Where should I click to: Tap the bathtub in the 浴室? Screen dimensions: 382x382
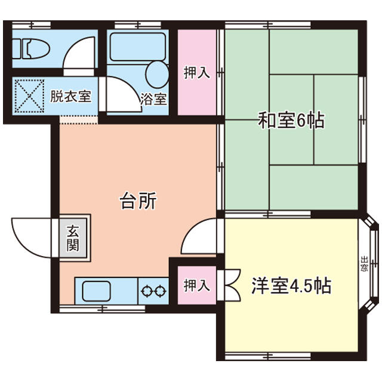tap(138, 47)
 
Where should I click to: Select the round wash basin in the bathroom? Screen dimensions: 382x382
tap(157, 74)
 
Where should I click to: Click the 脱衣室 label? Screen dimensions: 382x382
tap(70, 97)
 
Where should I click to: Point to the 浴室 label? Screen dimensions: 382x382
tap(153, 100)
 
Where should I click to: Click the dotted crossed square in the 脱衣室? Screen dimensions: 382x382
tap(29, 95)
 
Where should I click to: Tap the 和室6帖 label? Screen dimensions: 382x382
tap(291, 120)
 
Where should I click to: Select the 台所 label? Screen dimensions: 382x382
tap(138, 201)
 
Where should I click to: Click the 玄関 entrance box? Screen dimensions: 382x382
tap(73, 238)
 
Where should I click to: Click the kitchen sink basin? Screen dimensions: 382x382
tap(97, 291)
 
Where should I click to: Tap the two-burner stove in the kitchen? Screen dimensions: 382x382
tap(153, 291)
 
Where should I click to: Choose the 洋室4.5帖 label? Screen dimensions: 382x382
tap(291, 285)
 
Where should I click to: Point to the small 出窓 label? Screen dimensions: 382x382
tap(365, 263)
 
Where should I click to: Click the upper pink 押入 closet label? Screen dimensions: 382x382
tap(197, 73)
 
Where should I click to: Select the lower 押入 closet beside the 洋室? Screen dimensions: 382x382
tap(197, 285)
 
